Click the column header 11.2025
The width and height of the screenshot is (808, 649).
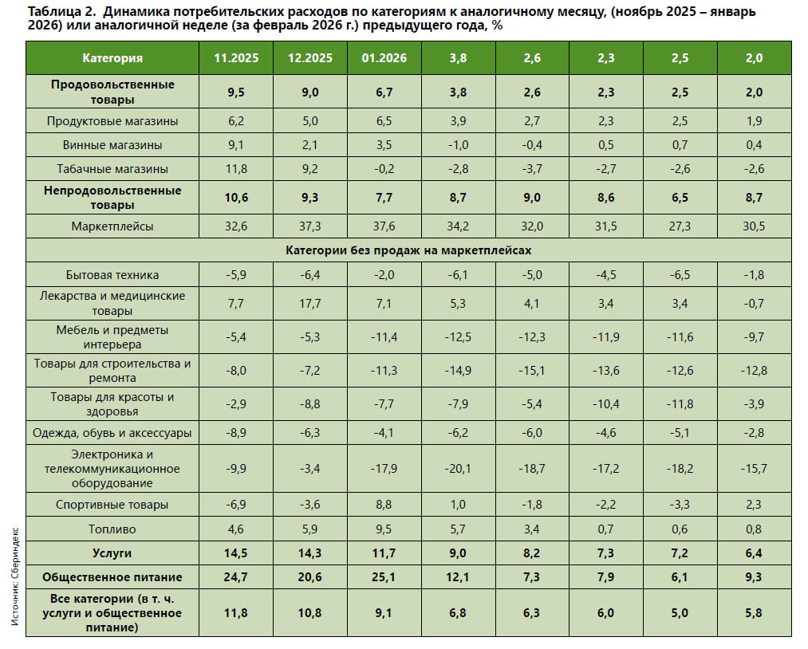point(236,58)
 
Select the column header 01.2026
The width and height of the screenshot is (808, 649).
point(384,58)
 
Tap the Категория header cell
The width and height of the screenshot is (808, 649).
point(112,58)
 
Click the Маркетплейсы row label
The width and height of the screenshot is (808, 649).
point(112,226)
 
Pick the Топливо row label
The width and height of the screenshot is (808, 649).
point(112,529)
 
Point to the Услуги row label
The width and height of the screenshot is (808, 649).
point(112,553)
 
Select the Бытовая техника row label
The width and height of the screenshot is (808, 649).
point(112,274)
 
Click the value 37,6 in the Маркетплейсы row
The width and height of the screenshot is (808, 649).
point(384,226)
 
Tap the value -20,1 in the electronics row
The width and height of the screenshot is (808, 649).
point(458,469)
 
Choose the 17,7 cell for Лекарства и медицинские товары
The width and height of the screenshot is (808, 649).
point(309,304)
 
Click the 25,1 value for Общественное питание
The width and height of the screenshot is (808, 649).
point(384,577)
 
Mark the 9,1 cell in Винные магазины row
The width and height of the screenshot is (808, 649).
point(236,145)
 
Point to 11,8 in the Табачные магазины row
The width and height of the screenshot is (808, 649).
point(236,169)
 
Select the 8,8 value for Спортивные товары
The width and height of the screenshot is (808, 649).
point(384,505)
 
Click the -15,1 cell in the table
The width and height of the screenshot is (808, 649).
point(532,370)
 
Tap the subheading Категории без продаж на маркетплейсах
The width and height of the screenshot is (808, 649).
point(408,250)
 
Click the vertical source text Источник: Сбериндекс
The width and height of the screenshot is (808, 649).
point(15,576)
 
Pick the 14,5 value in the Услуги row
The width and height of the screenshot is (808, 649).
point(236,553)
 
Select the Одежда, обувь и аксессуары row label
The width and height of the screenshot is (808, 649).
point(112,433)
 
